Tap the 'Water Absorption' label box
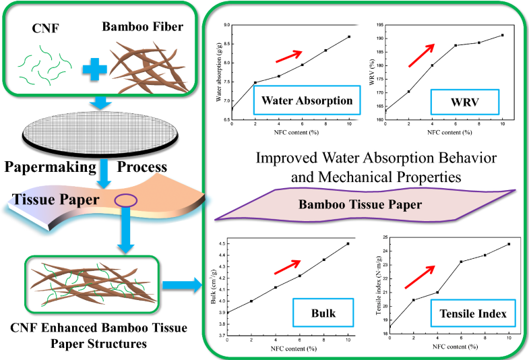[303, 102]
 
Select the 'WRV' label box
[465, 102]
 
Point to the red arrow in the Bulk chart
[286, 267]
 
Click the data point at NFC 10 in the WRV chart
[502, 35]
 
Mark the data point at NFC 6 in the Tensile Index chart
[462, 262]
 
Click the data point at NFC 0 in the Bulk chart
[228, 312]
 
